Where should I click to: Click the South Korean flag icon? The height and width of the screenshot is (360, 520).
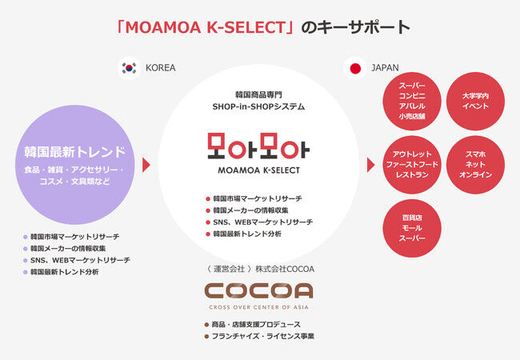click(129, 68)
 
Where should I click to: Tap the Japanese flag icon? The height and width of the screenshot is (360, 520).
click(355, 68)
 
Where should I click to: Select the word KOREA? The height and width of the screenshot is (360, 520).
click(161, 68)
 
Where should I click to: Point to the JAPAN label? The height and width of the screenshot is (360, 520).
click(385, 68)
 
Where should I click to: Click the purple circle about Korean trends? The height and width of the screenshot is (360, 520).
click(75, 165)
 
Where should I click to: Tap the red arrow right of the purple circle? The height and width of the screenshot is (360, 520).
click(146, 165)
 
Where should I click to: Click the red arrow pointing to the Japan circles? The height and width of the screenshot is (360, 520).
click(370, 165)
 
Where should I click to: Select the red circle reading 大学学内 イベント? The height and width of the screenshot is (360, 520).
click(475, 101)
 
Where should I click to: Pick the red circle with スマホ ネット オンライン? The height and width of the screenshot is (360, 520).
click(475, 165)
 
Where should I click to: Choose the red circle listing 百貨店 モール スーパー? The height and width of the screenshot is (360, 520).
click(412, 228)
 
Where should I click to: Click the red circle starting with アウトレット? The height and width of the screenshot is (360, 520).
click(412, 165)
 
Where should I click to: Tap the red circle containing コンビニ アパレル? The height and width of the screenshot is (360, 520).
click(412, 101)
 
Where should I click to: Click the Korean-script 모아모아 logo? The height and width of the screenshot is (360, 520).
click(258, 146)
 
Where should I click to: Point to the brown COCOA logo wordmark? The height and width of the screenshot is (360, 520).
click(258, 291)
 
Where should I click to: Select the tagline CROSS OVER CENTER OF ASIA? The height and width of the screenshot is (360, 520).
click(258, 307)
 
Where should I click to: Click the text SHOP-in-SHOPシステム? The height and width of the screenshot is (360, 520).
click(258, 106)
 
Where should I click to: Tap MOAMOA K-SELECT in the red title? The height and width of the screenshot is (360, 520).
click(206, 27)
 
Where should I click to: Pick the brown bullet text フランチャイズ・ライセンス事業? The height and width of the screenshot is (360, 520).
click(263, 336)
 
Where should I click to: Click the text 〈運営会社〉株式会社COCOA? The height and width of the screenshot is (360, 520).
click(259, 269)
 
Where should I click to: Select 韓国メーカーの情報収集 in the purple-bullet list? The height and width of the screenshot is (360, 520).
click(68, 248)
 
